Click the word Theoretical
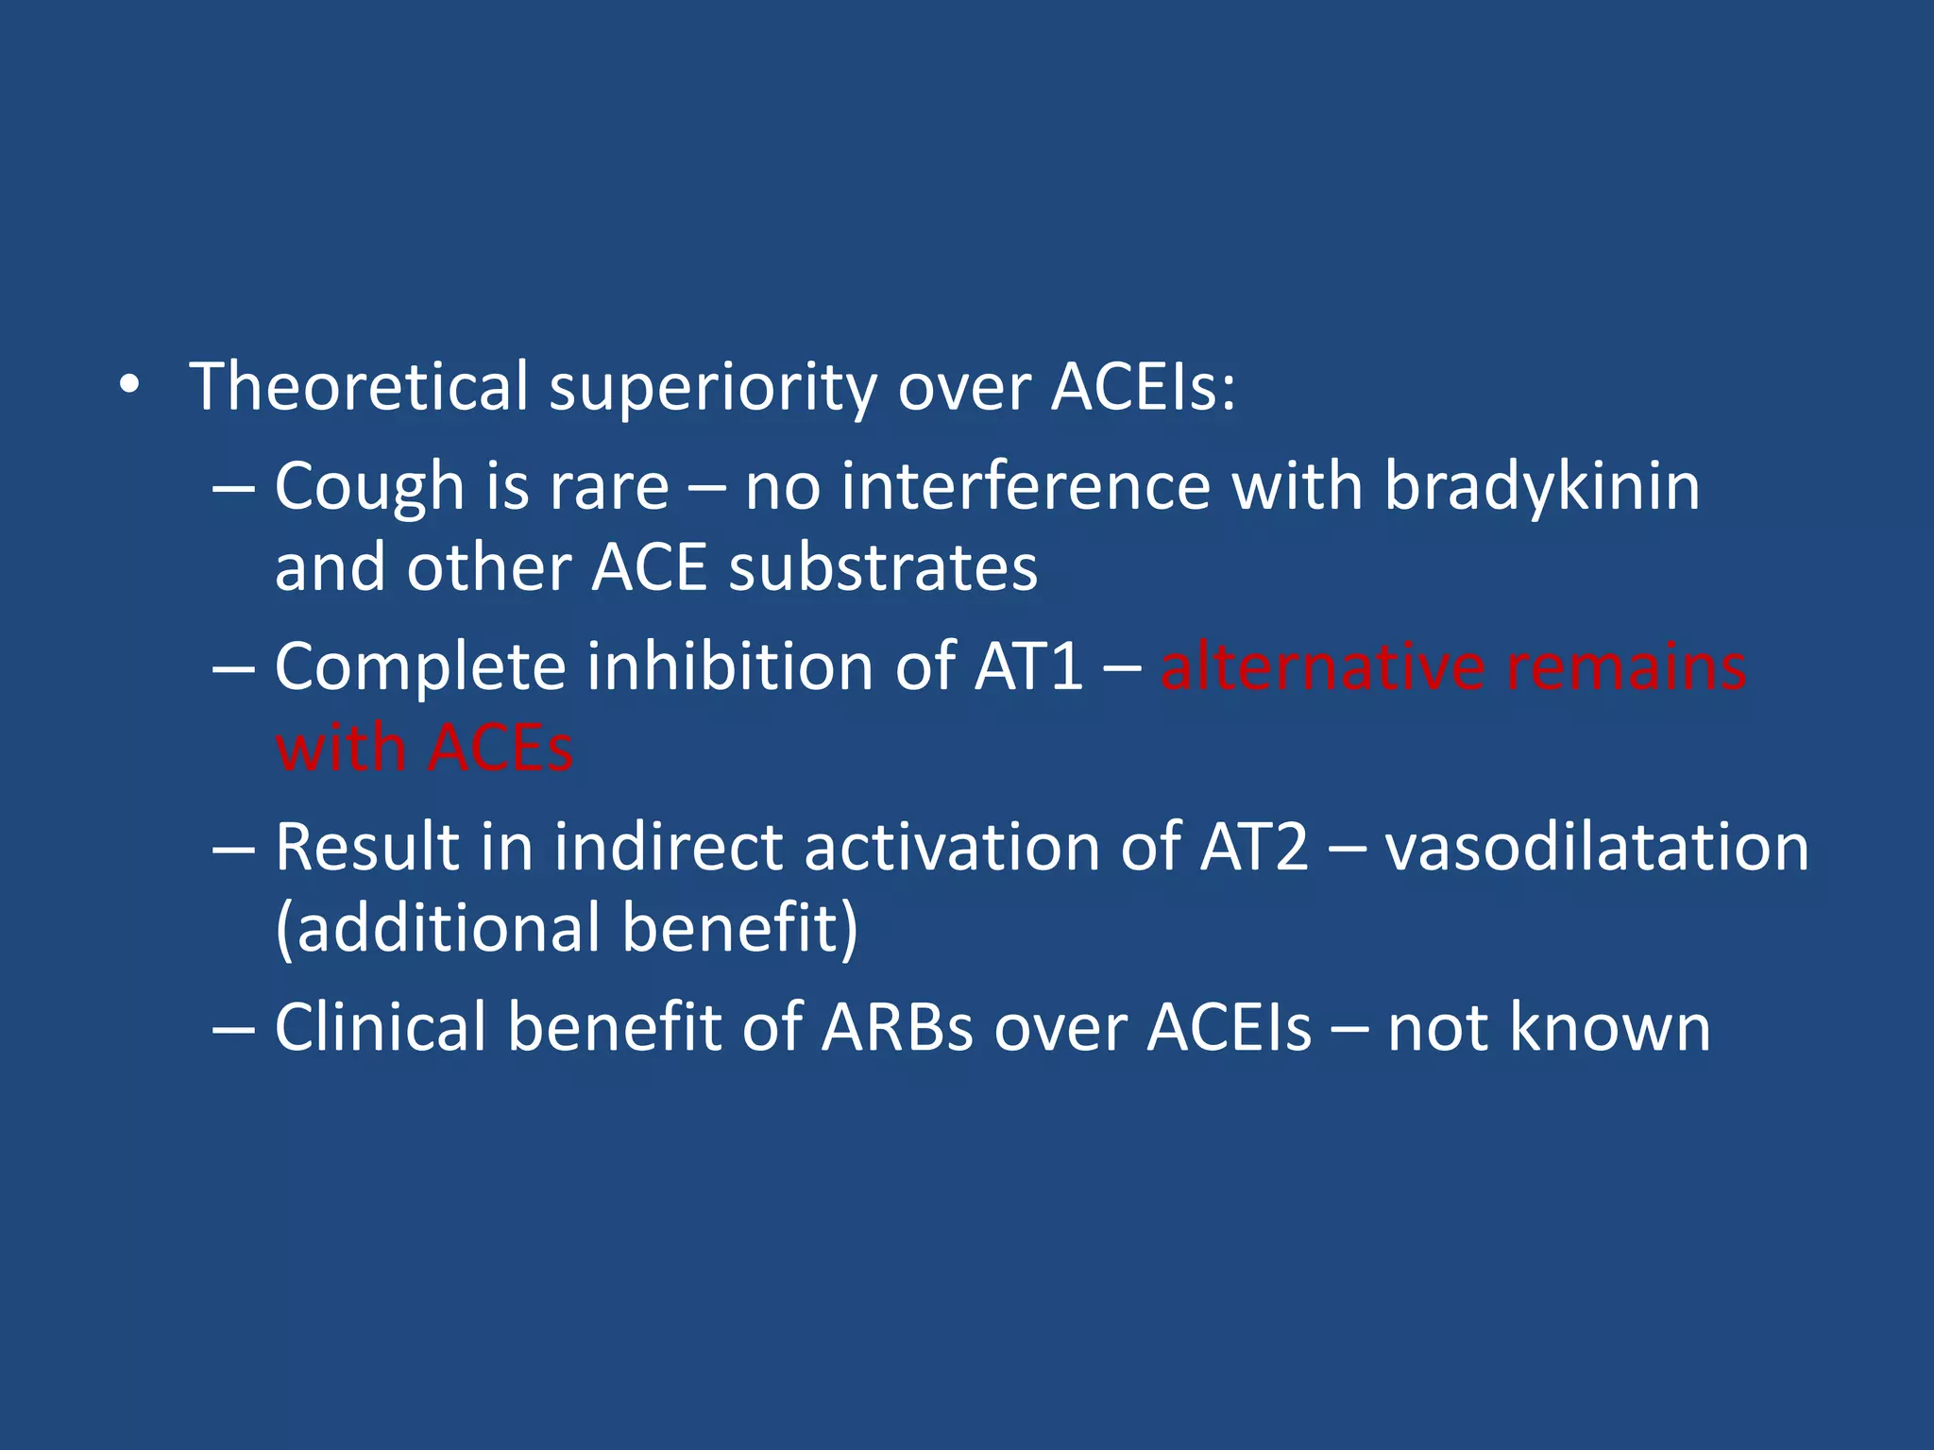pyautogui.click(x=359, y=387)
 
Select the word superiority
pyautogui.click(x=713, y=389)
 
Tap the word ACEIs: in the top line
pyautogui.click(x=1143, y=387)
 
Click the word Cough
pyautogui.click(x=369, y=488)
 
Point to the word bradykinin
pyautogui.click(x=1541, y=488)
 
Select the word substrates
pyautogui.click(x=883, y=569)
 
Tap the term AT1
pyautogui.click(x=1029, y=667)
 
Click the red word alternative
pyautogui.click(x=1322, y=667)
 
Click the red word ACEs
pyautogui.click(x=500, y=749)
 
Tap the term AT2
pyautogui.click(x=1254, y=847)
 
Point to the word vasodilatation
pyautogui.click(x=1596, y=847)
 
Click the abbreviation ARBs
pyautogui.click(x=897, y=1027)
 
